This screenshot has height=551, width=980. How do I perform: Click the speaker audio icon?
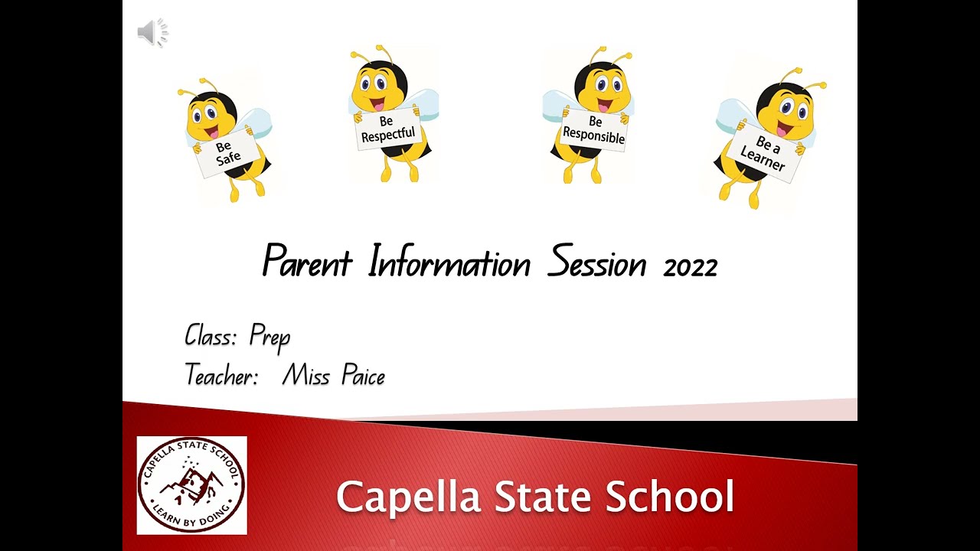click(152, 33)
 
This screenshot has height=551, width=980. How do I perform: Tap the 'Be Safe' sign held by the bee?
click(226, 152)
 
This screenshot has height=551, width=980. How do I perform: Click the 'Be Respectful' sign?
click(387, 129)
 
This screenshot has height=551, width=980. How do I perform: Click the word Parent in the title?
click(307, 262)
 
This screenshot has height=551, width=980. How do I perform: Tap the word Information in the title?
click(449, 262)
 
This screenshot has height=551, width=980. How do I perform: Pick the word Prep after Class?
click(269, 337)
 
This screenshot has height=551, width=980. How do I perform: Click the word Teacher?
click(221, 375)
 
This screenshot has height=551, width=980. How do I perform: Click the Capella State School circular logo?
click(191, 485)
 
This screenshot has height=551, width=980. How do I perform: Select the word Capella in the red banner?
click(410, 497)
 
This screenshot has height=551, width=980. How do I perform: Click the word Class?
click(211, 335)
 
